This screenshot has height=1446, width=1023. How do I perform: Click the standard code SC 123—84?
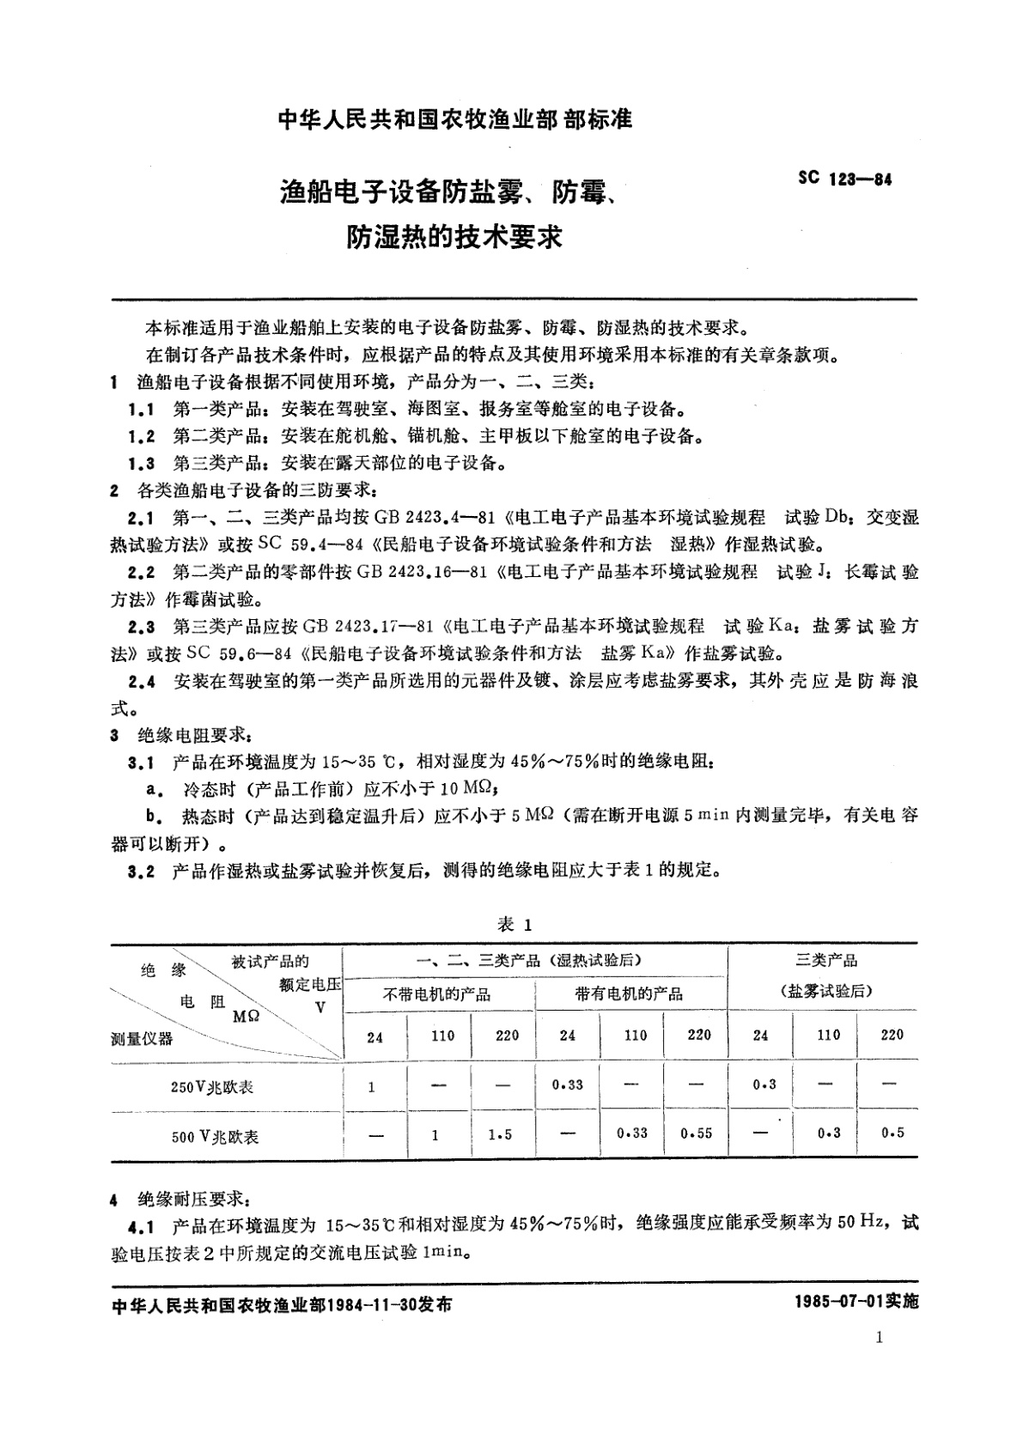pyautogui.click(x=844, y=180)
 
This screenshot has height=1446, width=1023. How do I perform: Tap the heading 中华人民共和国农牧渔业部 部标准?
pyautogui.click(x=455, y=120)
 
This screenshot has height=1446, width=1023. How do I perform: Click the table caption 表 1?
pyautogui.click(x=515, y=924)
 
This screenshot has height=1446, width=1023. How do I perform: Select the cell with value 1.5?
pyautogui.click(x=500, y=1135)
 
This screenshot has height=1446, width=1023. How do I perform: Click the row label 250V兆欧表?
pyautogui.click(x=212, y=1087)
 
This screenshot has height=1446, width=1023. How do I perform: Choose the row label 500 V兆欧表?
pyautogui.click(x=215, y=1137)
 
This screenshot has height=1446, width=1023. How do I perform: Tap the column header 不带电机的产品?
pyautogui.click(x=436, y=994)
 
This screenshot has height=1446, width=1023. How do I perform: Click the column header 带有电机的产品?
pyautogui.click(x=629, y=994)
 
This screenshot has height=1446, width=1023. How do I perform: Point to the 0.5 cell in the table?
pyautogui.click(x=892, y=1133)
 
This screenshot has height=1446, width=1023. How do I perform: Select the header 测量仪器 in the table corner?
pyautogui.click(x=142, y=1039)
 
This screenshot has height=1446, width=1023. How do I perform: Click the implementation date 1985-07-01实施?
pyautogui.click(x=856, y=1302)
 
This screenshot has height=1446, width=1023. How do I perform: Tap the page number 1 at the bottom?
pyautogui.click(x=878, y=1337)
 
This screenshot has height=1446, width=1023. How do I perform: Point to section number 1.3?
pyautogui.click(x=141, y=464)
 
